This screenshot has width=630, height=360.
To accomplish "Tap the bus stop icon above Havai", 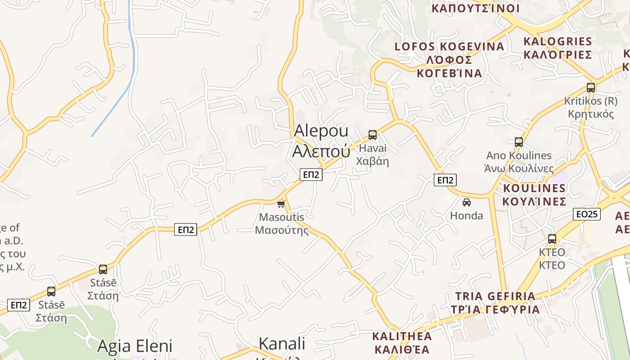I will pos(373,135).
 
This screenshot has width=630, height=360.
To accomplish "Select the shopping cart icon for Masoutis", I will pos(281,204).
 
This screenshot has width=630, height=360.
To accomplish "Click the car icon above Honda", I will pos(467,202).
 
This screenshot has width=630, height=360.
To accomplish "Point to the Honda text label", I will pos(467,216).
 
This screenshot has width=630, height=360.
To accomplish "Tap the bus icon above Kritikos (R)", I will pos(591,88).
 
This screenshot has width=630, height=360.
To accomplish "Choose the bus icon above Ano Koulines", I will pos(519,142).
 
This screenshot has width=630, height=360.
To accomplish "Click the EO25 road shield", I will pos(587,214).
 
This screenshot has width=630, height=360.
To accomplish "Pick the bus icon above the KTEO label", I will pos(552,239).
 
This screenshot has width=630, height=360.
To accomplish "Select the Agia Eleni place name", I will pos(135,346).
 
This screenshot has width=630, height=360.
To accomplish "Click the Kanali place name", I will pos(282,344).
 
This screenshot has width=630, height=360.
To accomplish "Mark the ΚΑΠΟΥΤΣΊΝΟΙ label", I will pos(476,9).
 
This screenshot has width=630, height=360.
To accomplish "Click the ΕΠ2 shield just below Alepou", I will pos(311,175).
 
